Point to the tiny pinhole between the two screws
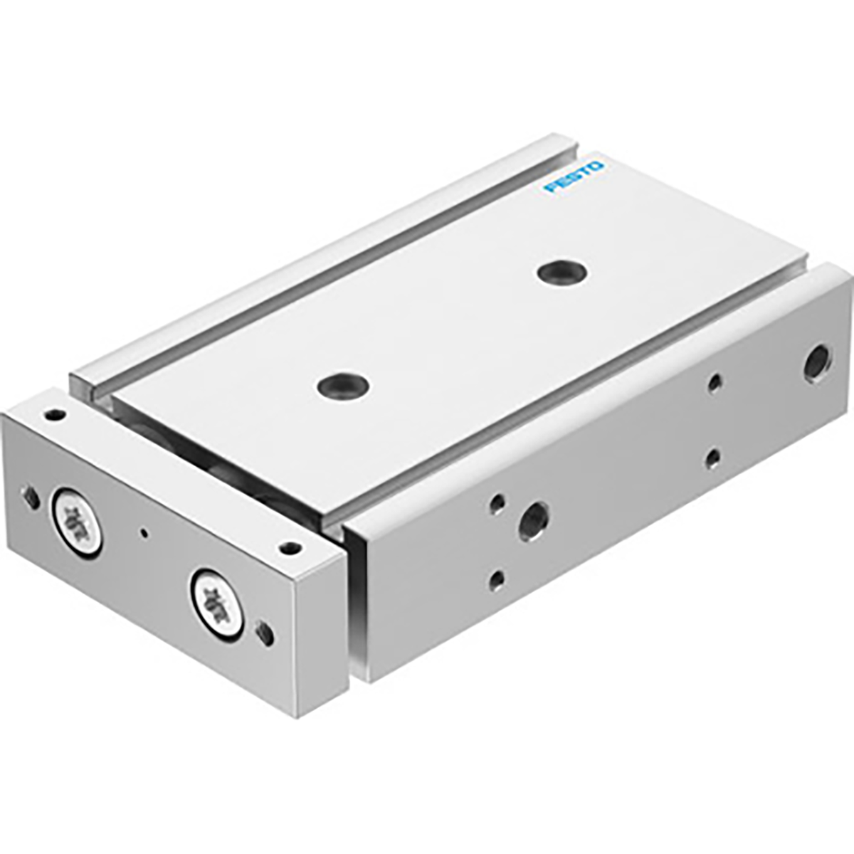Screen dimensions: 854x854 (145, 532)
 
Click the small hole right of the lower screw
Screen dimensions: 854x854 (265, 631)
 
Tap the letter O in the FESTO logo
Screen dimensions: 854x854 (596, 165)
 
